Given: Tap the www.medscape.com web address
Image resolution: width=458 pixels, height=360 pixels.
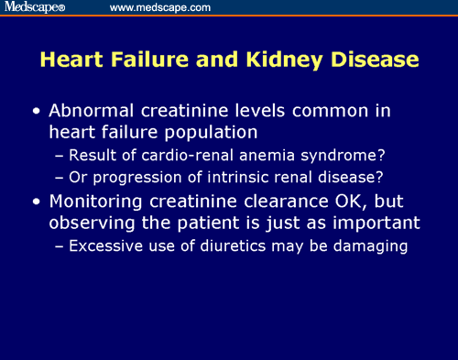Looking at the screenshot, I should pyautogui.click(x=160, y=7).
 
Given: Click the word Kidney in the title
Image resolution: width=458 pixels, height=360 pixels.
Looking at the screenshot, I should pyautogui.click(x=293, y=60).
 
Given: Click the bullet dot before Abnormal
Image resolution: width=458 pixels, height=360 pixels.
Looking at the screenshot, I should pyautogui.click(x=36, y=112).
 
